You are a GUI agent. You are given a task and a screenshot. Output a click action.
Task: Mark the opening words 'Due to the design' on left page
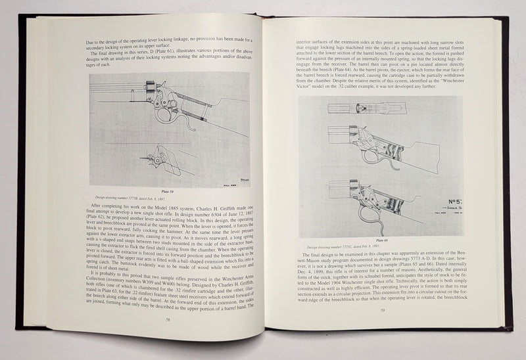(105, 41)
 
